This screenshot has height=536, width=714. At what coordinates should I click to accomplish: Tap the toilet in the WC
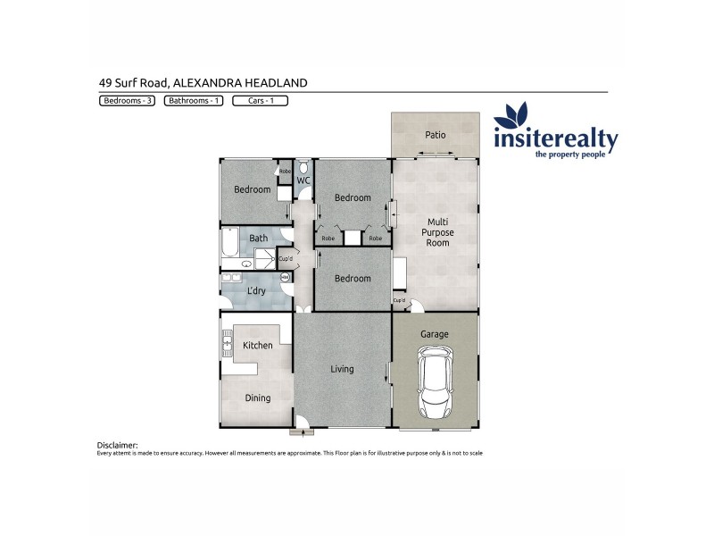point(303,168)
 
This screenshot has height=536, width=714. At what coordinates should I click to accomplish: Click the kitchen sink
point(226,345)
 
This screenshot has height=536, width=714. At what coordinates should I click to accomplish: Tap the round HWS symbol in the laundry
point(286,278)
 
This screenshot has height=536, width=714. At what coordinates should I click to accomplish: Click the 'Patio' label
point(435,136)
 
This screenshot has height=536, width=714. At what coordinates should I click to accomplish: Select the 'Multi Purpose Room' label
point(437,232)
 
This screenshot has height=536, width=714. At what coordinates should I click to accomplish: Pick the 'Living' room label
point(342,369)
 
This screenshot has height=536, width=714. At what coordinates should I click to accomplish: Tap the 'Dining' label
point(257,398)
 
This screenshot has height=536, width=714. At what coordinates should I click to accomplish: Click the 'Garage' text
point(436,334)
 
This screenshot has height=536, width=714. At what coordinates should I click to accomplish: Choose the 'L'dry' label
point(257,292)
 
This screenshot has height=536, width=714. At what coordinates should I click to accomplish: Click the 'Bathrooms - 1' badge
point(194,101)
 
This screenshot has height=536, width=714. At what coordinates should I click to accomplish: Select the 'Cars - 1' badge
point(260,101)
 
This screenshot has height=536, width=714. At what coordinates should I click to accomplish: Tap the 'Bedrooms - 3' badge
point(127,101)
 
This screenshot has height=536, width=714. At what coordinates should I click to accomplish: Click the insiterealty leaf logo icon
point(511,117)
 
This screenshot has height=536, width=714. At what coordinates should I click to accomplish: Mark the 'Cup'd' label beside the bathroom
point(286,259)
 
